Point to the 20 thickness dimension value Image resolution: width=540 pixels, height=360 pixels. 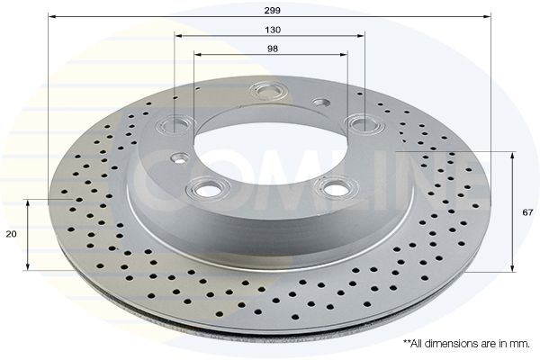tap(12, 234)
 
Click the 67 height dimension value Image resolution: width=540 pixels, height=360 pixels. tap(527, 212)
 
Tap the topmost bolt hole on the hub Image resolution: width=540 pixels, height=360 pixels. tap(268, 90)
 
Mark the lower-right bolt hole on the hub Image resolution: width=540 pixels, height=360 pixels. tap(337, 188)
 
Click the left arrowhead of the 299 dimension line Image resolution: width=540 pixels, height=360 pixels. tap(50, 16)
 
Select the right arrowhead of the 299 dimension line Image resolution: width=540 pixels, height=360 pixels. tap(489, 16)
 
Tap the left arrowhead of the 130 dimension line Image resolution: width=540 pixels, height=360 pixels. tap(177, 36)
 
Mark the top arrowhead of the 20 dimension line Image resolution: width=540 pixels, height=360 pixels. tap(29, 202)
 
